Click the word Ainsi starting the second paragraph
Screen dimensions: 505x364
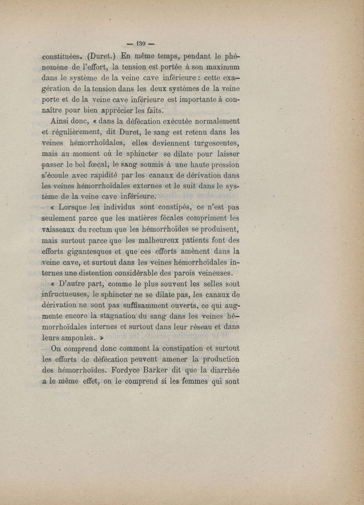pos(64,121)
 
